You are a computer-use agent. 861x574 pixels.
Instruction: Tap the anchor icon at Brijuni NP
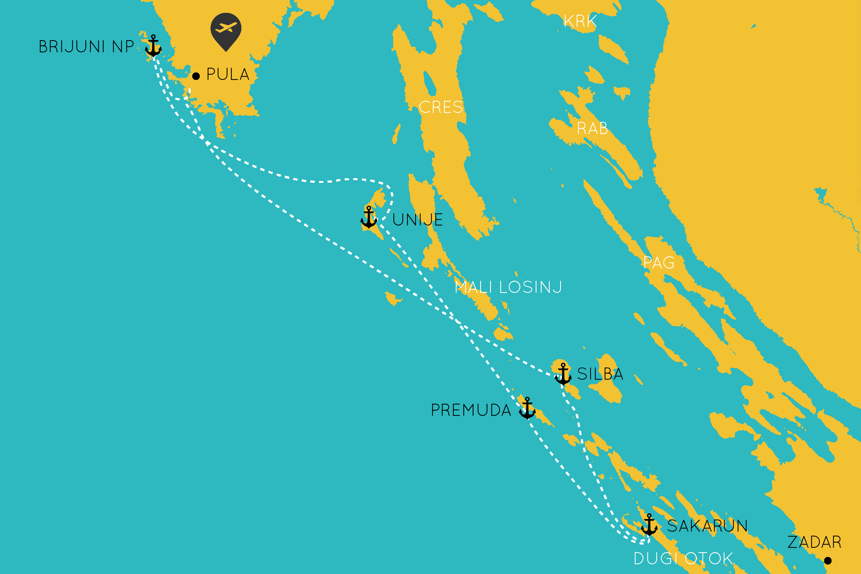(x=153, y=46)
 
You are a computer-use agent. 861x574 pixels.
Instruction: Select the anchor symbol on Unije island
(x=369, y=218)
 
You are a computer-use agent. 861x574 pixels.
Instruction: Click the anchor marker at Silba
(x=563, y=375)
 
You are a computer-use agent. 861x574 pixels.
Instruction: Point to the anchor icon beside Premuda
(x=527, y=408)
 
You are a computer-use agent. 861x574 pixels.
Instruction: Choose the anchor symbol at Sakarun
(x=649, y=525)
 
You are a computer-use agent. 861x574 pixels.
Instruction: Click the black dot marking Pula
(x=196, y=76)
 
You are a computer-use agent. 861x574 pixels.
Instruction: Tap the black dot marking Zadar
(x=828, y=560)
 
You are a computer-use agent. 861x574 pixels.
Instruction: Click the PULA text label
(x=228, y=74)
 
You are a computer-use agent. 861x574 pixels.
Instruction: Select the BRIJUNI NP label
(x=86, y=47)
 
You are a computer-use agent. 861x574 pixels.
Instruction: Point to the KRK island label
(x=580, y=21)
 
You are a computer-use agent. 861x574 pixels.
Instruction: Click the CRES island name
(x=441, y=107)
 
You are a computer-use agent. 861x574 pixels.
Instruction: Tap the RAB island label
(x=592, y=128)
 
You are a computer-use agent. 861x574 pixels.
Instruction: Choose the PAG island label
(x=659, y=263)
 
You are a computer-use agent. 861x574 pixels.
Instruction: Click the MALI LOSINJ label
(x=508, y=288)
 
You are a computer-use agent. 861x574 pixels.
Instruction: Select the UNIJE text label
(x=417, y=220)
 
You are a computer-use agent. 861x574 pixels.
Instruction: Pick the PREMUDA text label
(x=471, y=411)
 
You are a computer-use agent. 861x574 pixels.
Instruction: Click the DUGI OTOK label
(x=683, y=559)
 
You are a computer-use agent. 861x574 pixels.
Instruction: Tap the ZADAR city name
(x=814, y=542)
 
